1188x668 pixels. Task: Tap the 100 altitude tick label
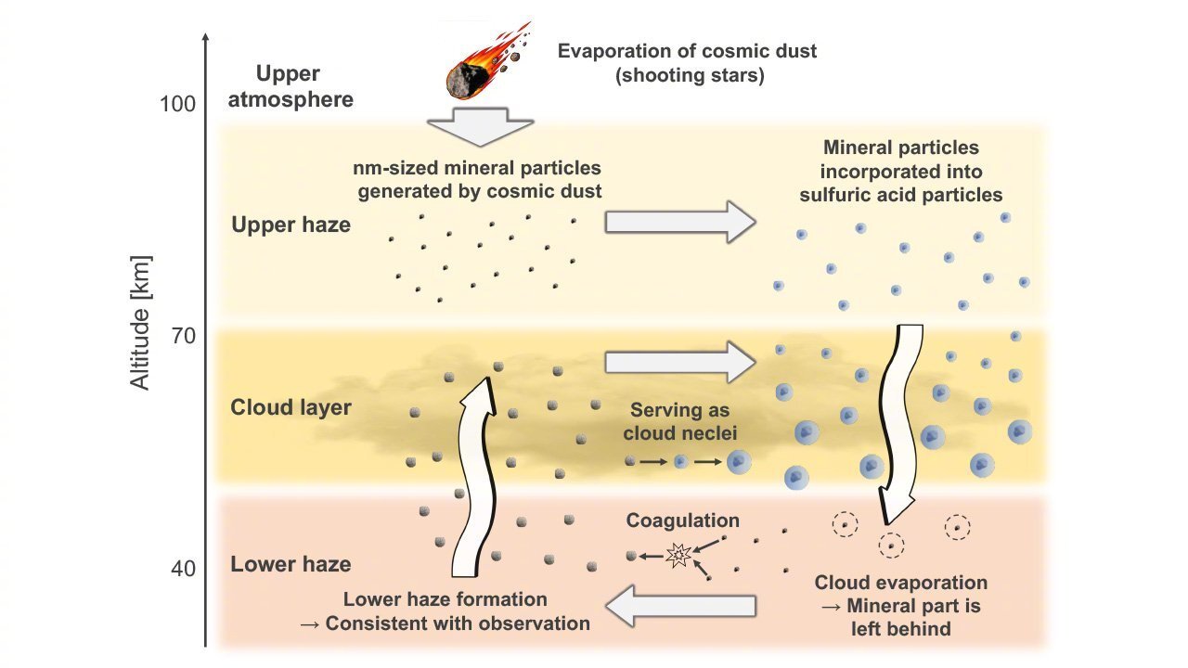(x=177, y=104)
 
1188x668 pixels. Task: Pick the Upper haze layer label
(x=291, y=225)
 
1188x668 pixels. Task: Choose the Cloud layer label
(x=291, y=408)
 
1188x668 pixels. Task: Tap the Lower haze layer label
(x=291, y=564)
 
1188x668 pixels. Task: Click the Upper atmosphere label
(x=291, y=86)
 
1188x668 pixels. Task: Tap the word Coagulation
(x=682, y=521)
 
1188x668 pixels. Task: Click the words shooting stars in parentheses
(x=690, y=76)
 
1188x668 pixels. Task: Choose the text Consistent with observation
(x=458, y=623)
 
